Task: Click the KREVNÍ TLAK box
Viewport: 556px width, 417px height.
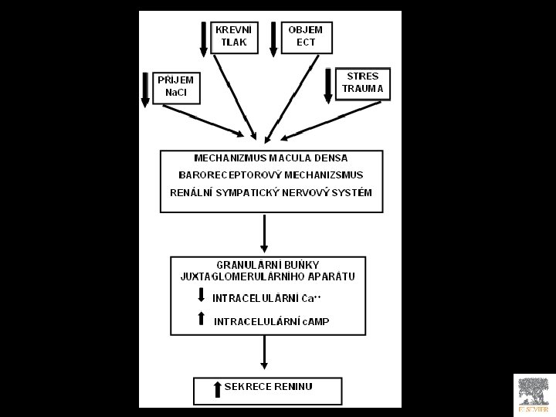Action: click(x=234, y=37)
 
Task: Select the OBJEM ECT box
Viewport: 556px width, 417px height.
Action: click(x=306, y=37)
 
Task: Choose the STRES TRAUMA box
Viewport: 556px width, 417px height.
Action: click(x=362, y=83)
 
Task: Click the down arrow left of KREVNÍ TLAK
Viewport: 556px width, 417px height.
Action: click(x=204, y=39)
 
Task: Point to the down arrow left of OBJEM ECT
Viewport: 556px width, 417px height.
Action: click(x=273, y=39)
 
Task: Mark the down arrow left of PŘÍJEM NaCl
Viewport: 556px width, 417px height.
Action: click(x=144, y=89)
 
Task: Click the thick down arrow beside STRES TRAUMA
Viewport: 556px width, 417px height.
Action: click(x=328, y=85)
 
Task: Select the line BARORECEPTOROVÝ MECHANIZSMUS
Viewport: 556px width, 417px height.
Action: click(x=266, y=175)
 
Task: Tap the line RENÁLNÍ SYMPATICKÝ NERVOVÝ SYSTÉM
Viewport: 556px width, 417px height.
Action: click(x=266, y=192)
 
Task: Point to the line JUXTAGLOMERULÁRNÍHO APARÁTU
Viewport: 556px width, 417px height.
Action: click(x=263, y=276)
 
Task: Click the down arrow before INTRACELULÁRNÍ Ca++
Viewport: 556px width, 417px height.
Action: click(x=202, y=295)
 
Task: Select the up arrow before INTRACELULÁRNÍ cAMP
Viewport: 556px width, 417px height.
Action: click(x=202, y=317)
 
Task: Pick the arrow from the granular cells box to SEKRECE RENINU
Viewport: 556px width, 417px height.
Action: click(x=265, y=353)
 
